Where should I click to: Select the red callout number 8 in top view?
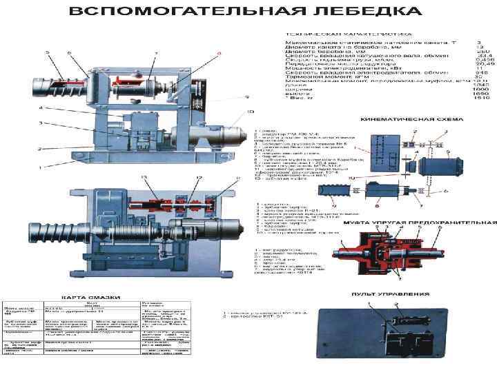click(x=220, y=53)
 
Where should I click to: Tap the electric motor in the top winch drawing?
click(x=221, y=130)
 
